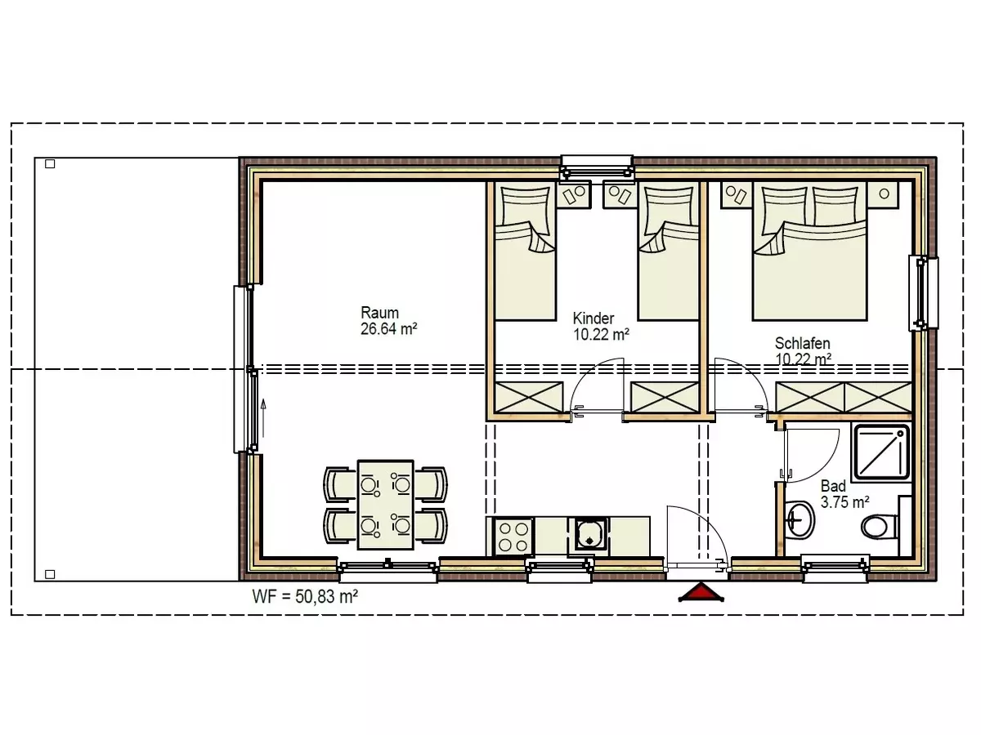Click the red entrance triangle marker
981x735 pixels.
701,593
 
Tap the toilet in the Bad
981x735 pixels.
879,526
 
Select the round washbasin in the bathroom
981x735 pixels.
800,519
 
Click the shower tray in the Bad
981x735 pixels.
882,453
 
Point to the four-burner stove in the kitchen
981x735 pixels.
513,537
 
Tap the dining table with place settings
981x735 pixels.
386,504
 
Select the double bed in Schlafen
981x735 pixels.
810,251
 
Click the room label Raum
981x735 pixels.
379,313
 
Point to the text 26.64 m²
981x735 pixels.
389,329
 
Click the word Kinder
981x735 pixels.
594,318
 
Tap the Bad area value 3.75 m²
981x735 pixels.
845,502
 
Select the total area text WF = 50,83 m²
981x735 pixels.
305,597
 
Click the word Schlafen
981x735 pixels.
803,343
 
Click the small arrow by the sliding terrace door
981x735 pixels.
263,417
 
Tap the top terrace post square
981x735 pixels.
50,164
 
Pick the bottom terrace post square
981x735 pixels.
50,574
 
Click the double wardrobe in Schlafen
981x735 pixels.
844,397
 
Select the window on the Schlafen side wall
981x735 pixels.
924,293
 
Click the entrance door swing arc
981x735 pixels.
708,524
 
